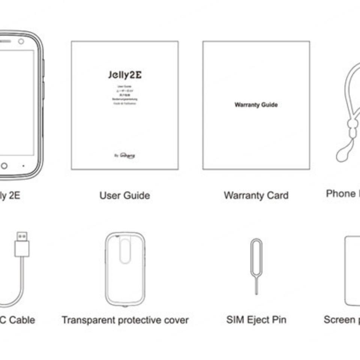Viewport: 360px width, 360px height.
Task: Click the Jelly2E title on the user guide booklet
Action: (125, 75)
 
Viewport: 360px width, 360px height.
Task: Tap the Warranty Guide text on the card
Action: (256, 105)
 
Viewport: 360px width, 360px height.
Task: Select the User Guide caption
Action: (124, 195)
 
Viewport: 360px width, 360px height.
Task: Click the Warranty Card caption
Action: (256, 195)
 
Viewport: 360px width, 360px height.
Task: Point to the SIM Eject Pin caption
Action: (256, 320)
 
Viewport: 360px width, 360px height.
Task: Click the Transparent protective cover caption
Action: (125, 320)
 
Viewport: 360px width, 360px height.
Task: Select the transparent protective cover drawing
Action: (125, 269)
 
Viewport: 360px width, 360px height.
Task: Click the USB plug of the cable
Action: (22, 244)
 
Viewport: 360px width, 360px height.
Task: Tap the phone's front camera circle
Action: (21, 41)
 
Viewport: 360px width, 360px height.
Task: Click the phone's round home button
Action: (4, 165)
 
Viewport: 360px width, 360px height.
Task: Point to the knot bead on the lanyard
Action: (351, 124)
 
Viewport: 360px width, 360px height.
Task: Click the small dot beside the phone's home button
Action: (23, 165)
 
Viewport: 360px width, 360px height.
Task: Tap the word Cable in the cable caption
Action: (22, 320)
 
